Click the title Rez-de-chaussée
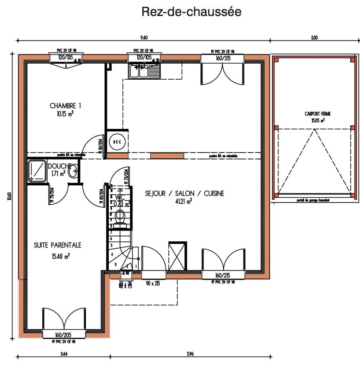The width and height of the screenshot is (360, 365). click(192, 12)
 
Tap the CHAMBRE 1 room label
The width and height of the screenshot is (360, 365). click(66, 106)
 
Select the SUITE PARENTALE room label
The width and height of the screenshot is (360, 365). click(58, 245)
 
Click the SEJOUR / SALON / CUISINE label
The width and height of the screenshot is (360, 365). click(184, 193)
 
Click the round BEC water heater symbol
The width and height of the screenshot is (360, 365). click(117, 142)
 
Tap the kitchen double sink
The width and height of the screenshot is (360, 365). click(144, 71)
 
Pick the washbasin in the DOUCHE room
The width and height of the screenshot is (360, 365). click(73, 172)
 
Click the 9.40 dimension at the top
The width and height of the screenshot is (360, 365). click(144, 38)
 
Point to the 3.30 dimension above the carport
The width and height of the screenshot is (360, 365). click(314, 38)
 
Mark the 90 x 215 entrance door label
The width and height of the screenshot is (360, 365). click(153, 283)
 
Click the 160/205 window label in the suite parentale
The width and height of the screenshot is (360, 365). click(64, 335)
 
